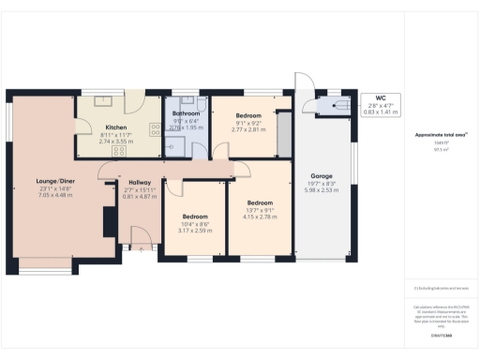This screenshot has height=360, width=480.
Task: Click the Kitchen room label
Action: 116,127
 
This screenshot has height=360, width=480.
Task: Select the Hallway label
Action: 139,184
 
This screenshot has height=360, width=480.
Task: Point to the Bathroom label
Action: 186,112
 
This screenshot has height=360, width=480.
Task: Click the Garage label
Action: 322,175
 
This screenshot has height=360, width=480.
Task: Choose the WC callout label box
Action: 381,103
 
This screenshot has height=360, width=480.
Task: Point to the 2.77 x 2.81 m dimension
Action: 241,132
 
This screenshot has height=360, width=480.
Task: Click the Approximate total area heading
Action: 442,135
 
